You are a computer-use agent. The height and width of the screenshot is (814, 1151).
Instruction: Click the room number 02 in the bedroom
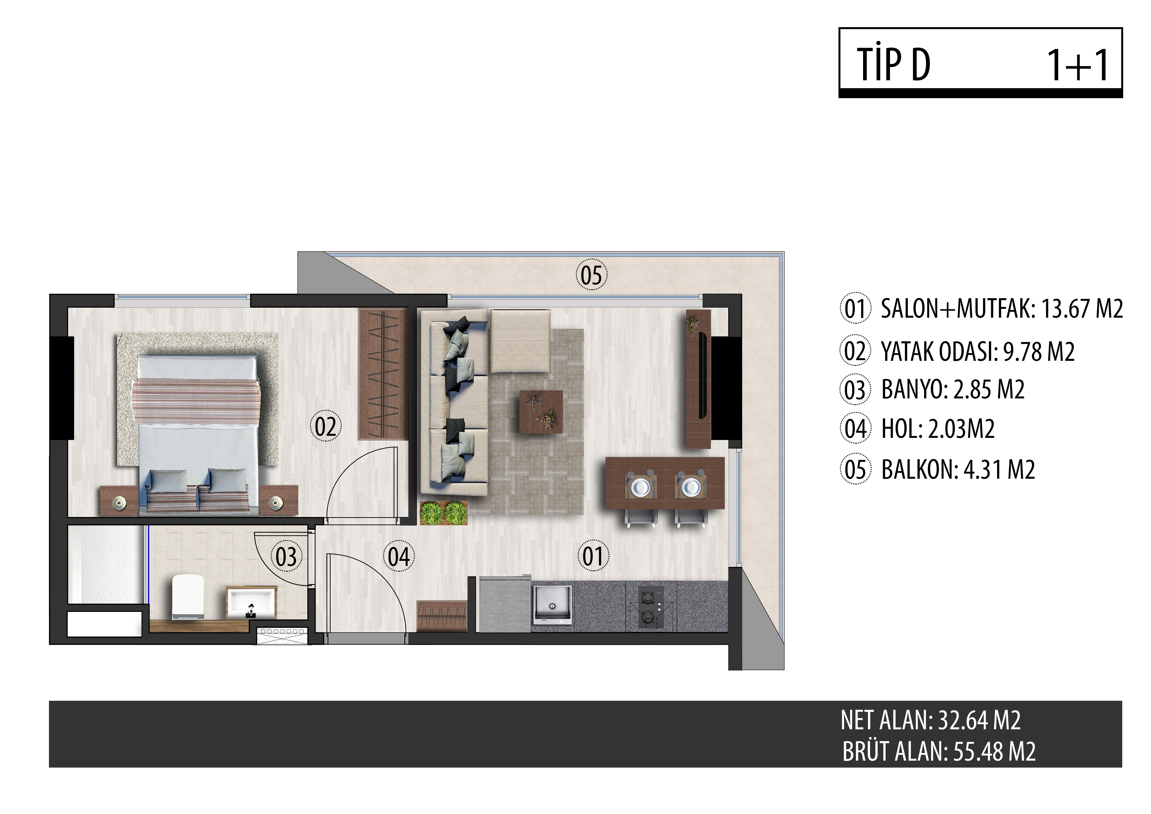coord(326,426)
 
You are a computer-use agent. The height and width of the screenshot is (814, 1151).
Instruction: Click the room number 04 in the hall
coord(399,556)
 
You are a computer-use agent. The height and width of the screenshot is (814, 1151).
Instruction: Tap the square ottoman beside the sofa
coord(520,341)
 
